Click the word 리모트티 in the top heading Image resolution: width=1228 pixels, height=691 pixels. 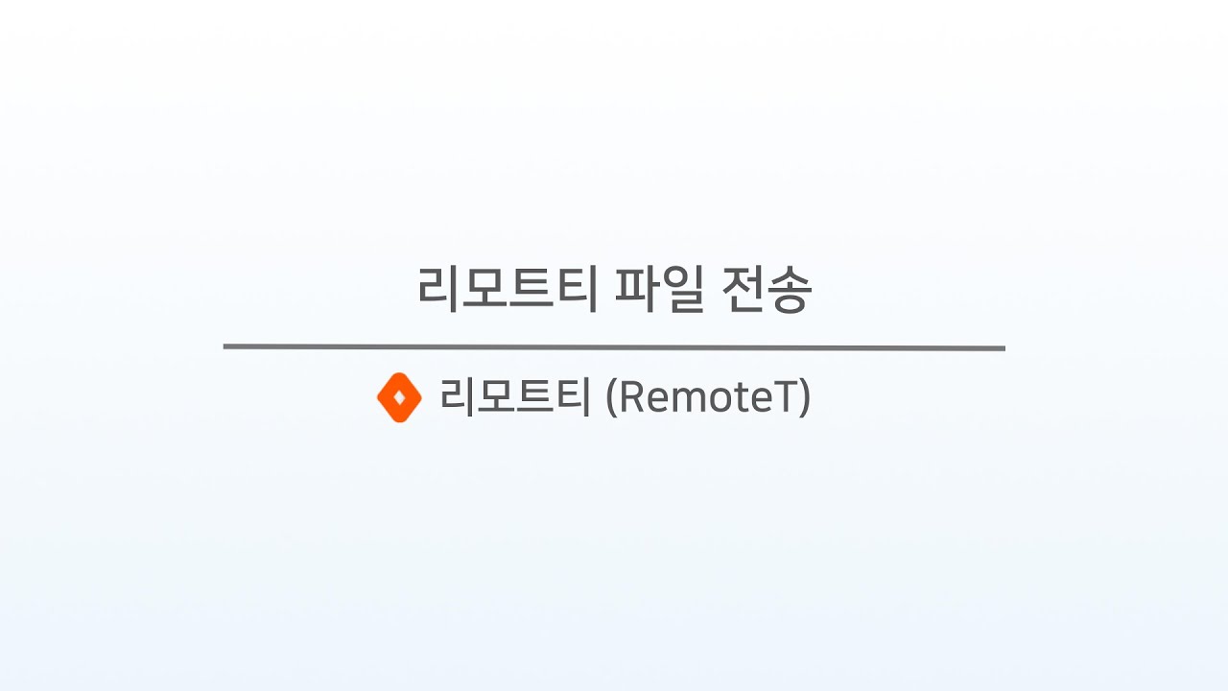point(508,289)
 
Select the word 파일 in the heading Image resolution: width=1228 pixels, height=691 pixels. point(659,289)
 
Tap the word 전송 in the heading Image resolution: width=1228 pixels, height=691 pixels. point(767,289)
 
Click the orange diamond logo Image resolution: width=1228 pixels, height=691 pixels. point(400,397)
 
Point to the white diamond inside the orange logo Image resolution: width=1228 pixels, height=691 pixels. point(400,396)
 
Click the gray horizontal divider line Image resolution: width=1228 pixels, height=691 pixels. point(614,347)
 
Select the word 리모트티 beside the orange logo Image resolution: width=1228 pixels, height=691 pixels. point(515,397)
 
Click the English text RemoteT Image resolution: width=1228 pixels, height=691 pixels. point(707,397)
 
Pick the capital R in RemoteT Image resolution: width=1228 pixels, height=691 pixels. point(631,396)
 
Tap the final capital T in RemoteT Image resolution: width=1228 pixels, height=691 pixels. point(784,396)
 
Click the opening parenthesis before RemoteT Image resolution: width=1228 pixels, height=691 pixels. point(611,397)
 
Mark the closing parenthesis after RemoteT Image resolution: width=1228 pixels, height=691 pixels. point(804,397)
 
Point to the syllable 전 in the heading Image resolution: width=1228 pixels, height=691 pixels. point(743,289)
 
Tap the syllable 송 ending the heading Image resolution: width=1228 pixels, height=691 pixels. point(790,290)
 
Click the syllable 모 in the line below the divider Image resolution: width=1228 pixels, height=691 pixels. point(497,396)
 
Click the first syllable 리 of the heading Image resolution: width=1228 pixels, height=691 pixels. point(437,289)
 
